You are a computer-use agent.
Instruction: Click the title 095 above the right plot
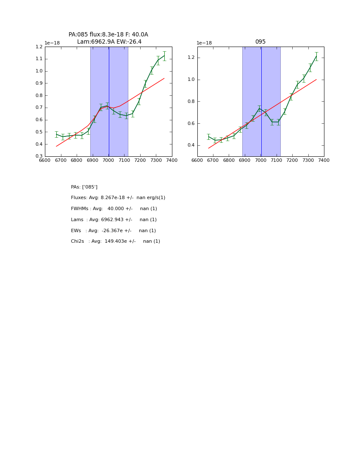[260, 42]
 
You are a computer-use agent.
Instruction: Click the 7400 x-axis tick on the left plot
[172, 160]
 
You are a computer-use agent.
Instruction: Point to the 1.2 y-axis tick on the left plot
[39, 47]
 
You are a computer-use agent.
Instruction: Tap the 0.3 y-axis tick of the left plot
[39, 156]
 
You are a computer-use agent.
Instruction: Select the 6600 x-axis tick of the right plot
[197, 160]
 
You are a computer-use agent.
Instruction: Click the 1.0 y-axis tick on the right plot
[191, 80]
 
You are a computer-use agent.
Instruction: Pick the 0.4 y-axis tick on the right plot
[191, 145]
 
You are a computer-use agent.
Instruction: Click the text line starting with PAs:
[84, 187]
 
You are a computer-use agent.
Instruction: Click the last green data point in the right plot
[316, 56]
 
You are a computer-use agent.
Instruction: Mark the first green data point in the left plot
[56, 134]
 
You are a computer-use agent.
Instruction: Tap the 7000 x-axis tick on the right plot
[260, 160]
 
